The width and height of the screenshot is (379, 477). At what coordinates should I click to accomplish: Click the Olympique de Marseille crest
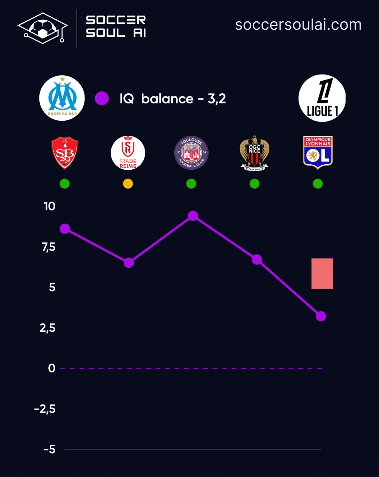click(62, 98)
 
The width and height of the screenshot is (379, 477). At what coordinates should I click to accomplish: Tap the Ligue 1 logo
click(322, 98)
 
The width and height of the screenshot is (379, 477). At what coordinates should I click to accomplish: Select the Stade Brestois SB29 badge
click(65, 153)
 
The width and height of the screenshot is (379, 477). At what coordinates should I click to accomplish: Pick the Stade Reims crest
click(128, 153)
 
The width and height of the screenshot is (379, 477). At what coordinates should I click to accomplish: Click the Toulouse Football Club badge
click(191, 153)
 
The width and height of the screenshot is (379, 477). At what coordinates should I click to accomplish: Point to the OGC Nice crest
click(254, 153)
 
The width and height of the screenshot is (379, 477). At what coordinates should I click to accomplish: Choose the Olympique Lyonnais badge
click(318, 152)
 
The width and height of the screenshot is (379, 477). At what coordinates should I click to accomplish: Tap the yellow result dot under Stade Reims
click(128, 184)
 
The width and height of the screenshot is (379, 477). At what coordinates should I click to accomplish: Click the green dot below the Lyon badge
click(318, 184)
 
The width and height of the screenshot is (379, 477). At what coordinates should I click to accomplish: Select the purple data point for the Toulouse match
click(193, 216)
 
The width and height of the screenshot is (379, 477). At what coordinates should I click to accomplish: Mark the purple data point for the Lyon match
click(321, 316)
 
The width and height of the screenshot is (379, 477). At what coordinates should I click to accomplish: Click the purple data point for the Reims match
click(129, 263)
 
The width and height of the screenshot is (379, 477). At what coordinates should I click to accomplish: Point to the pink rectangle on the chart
click(322, 273)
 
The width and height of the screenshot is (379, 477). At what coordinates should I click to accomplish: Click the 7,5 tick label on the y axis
click(49, 247)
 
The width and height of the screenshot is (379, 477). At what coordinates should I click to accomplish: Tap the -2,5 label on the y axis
click(45, 409)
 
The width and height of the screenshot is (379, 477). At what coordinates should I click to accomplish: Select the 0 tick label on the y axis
click(52, 368)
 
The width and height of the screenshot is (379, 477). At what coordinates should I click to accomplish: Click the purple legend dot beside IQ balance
click(102, 98)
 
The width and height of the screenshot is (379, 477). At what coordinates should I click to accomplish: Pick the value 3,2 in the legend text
click(217, 99)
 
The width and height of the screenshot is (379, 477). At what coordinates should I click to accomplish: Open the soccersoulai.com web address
click(298, 25)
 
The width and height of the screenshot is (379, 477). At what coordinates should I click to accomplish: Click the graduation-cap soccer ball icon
click(43, 28)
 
